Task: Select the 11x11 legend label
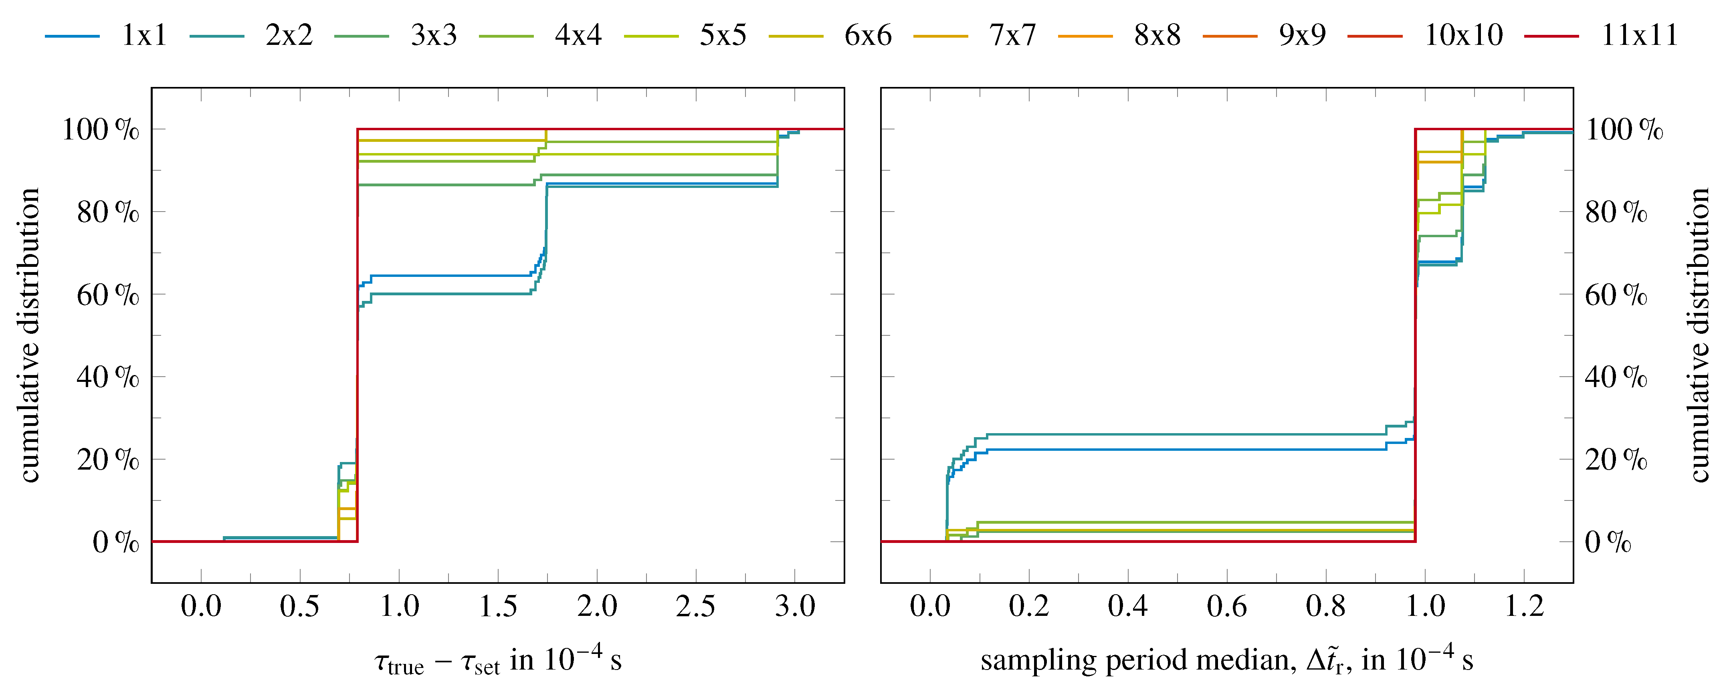(x=1639, y=35)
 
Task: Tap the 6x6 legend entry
(x=868, y=35)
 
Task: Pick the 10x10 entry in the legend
(x=1463, y=35)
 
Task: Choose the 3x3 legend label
(x=433, y=35)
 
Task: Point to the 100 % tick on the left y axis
(x=100, y=129)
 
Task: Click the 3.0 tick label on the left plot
(x=795, y=606)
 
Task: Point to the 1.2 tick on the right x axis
(x=1524, y=606)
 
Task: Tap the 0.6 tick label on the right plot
(x=1227, y=606)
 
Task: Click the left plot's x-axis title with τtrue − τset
(x=498, y=660)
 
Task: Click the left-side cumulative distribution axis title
(x=29, y=334)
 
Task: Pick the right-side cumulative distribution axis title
(x=1699, y=334)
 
